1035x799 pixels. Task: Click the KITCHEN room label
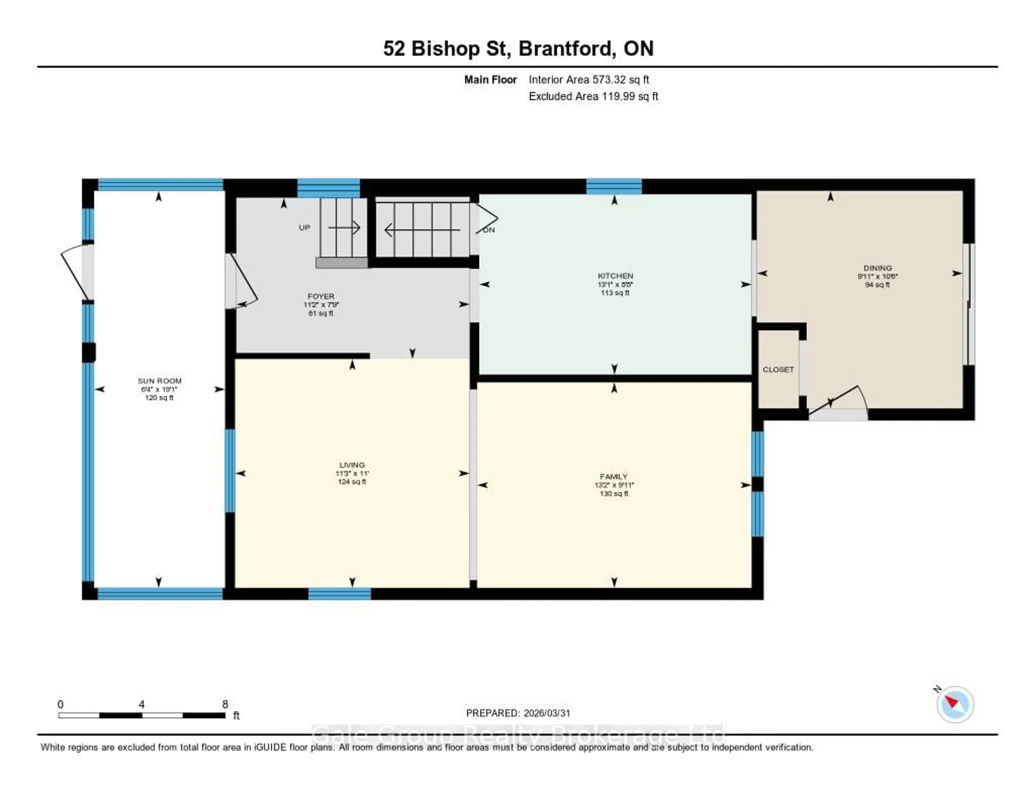tap(615, 276)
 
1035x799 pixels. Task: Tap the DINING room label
tap(877, 268)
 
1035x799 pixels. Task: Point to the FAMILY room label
tap(614, 477)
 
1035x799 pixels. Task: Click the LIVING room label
tap(352, 465)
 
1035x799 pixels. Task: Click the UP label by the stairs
tap(304, 228)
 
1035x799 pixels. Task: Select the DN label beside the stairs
tap(489, 230)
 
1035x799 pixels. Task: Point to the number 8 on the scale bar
tap(225, 704)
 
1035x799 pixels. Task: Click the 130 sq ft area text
tap(614, 494)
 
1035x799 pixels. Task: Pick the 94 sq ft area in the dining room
tap(877, 285)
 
